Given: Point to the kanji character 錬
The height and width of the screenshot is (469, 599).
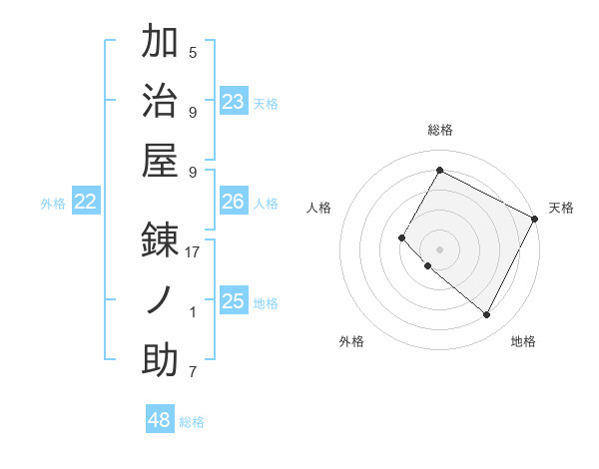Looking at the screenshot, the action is [161, 240].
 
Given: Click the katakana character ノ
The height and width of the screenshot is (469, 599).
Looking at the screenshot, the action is [161, 300].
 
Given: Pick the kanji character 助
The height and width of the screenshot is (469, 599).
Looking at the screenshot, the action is [161, 360].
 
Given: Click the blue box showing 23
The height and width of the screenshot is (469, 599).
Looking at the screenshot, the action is [234, 101].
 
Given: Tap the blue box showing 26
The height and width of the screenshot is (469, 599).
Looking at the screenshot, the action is [234, 202].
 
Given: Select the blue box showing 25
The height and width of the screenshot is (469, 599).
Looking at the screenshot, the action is [234, 301].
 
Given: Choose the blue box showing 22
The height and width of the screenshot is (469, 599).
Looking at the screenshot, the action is [86, 202].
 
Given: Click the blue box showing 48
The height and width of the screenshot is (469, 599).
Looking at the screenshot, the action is [160, 420].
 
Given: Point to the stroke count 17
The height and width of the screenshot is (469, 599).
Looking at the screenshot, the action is [193, 252].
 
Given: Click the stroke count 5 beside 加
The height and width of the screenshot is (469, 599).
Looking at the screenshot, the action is [193, 52].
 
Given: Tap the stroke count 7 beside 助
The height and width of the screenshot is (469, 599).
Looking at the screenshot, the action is [193, 373].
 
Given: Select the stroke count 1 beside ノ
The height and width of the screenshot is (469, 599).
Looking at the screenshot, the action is [193, 312].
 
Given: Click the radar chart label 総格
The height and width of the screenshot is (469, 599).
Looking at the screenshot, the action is [440, 130].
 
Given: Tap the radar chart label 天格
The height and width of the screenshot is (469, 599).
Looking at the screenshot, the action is [561, 208].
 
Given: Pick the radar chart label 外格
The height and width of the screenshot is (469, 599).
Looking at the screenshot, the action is [351, 341].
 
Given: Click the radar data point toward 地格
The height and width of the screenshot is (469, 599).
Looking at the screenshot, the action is [487, 315].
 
